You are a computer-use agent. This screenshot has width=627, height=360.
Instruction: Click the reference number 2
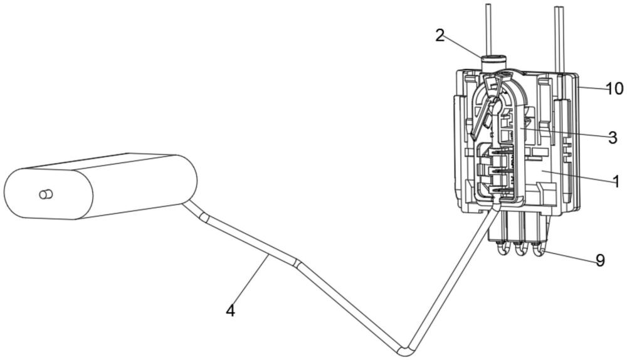[440, 35]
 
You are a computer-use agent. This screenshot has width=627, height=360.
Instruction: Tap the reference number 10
[614, 88]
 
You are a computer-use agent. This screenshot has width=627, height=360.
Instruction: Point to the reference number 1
[616, 182]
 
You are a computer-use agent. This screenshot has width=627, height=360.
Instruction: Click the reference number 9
[600, 260]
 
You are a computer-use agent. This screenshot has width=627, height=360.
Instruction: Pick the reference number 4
[231, 309]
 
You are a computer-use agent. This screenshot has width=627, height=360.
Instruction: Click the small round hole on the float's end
[45, 194]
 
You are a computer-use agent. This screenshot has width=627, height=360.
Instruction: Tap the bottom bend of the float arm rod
[406, 346]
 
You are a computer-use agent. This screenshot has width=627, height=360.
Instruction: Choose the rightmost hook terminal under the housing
[537, 250]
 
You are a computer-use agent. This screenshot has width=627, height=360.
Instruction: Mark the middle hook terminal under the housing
[520, 250]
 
